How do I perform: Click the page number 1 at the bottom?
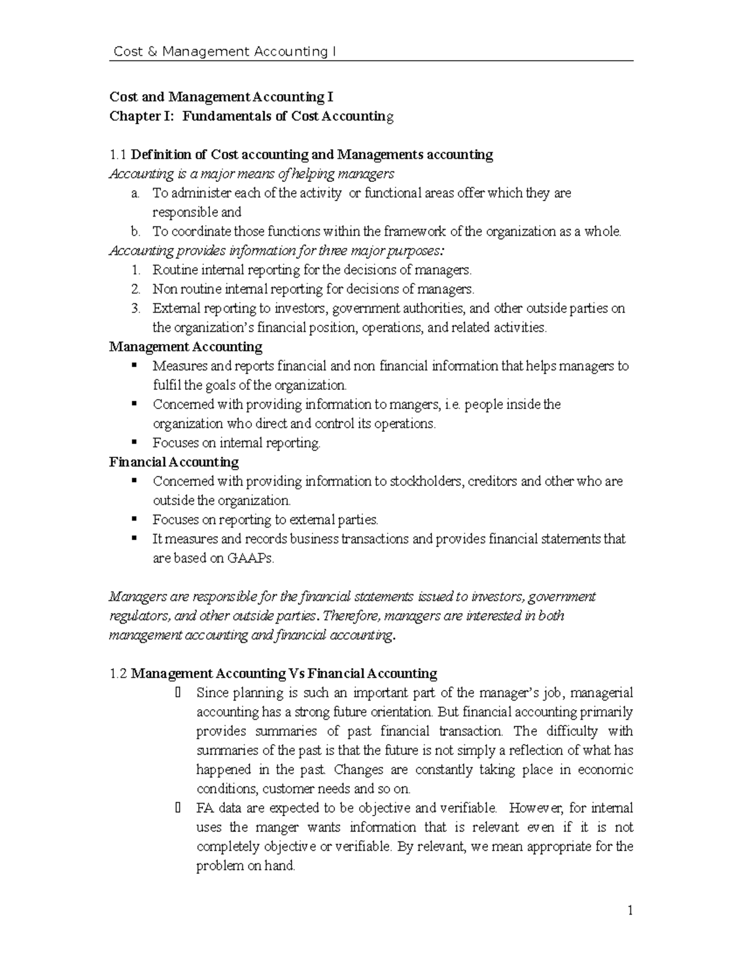click(630, 910)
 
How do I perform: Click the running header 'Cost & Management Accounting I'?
click(225, 51)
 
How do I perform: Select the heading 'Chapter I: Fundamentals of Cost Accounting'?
click(251, 116)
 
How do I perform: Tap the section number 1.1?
click(118, 155)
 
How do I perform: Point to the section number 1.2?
click(118, 673)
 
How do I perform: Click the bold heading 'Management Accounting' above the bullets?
click(186, 347)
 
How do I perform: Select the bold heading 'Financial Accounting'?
click(174, 462)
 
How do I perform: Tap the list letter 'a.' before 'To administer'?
click(135, 193)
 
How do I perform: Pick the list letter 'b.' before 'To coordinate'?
click(136, 231)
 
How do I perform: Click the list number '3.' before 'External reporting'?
click(136, 308)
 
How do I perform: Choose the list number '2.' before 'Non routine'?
click(136, 289)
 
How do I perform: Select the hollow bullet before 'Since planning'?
click(178, 692)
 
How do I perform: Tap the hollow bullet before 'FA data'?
click(178, 808)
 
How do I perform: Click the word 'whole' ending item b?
click(603, 231)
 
